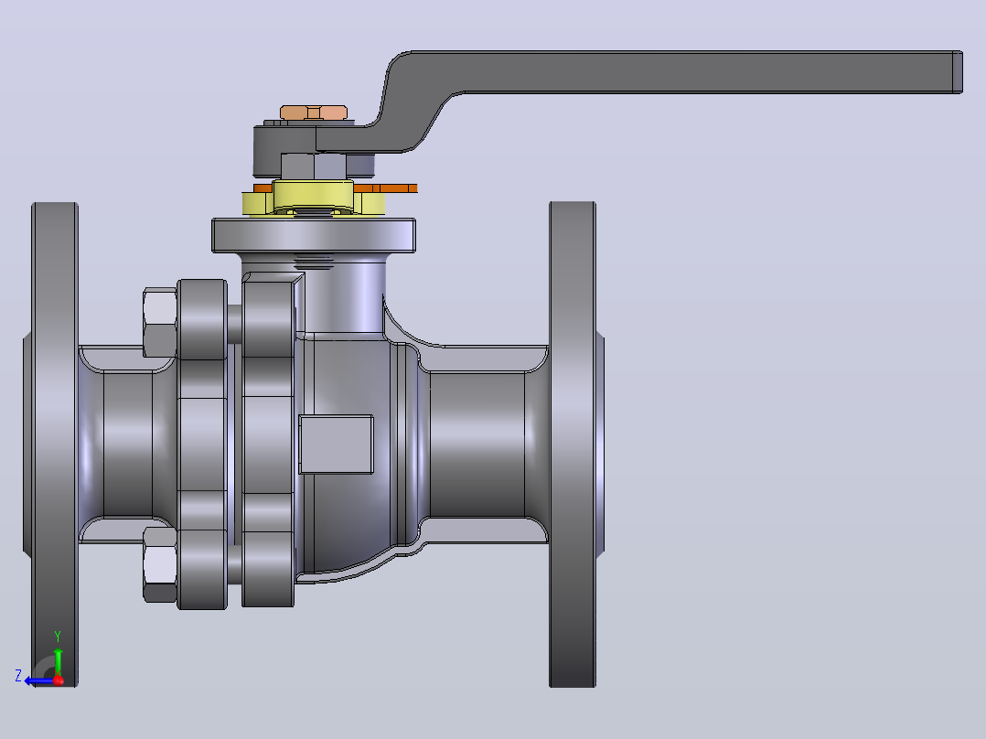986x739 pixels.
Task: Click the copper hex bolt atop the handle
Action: (x=313, y=112)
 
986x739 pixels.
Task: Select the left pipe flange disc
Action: (x=55, y=444)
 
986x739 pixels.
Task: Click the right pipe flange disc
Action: (x=573, y=444)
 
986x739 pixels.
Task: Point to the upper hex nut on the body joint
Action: (x=160, y=323)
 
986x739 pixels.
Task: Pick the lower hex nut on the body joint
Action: (x=160, y=565)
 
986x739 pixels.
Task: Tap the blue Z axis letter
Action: (x=18, y=676)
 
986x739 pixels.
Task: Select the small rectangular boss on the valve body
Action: (x=337, y=444)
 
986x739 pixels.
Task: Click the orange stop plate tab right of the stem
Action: (x=385, y=188)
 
